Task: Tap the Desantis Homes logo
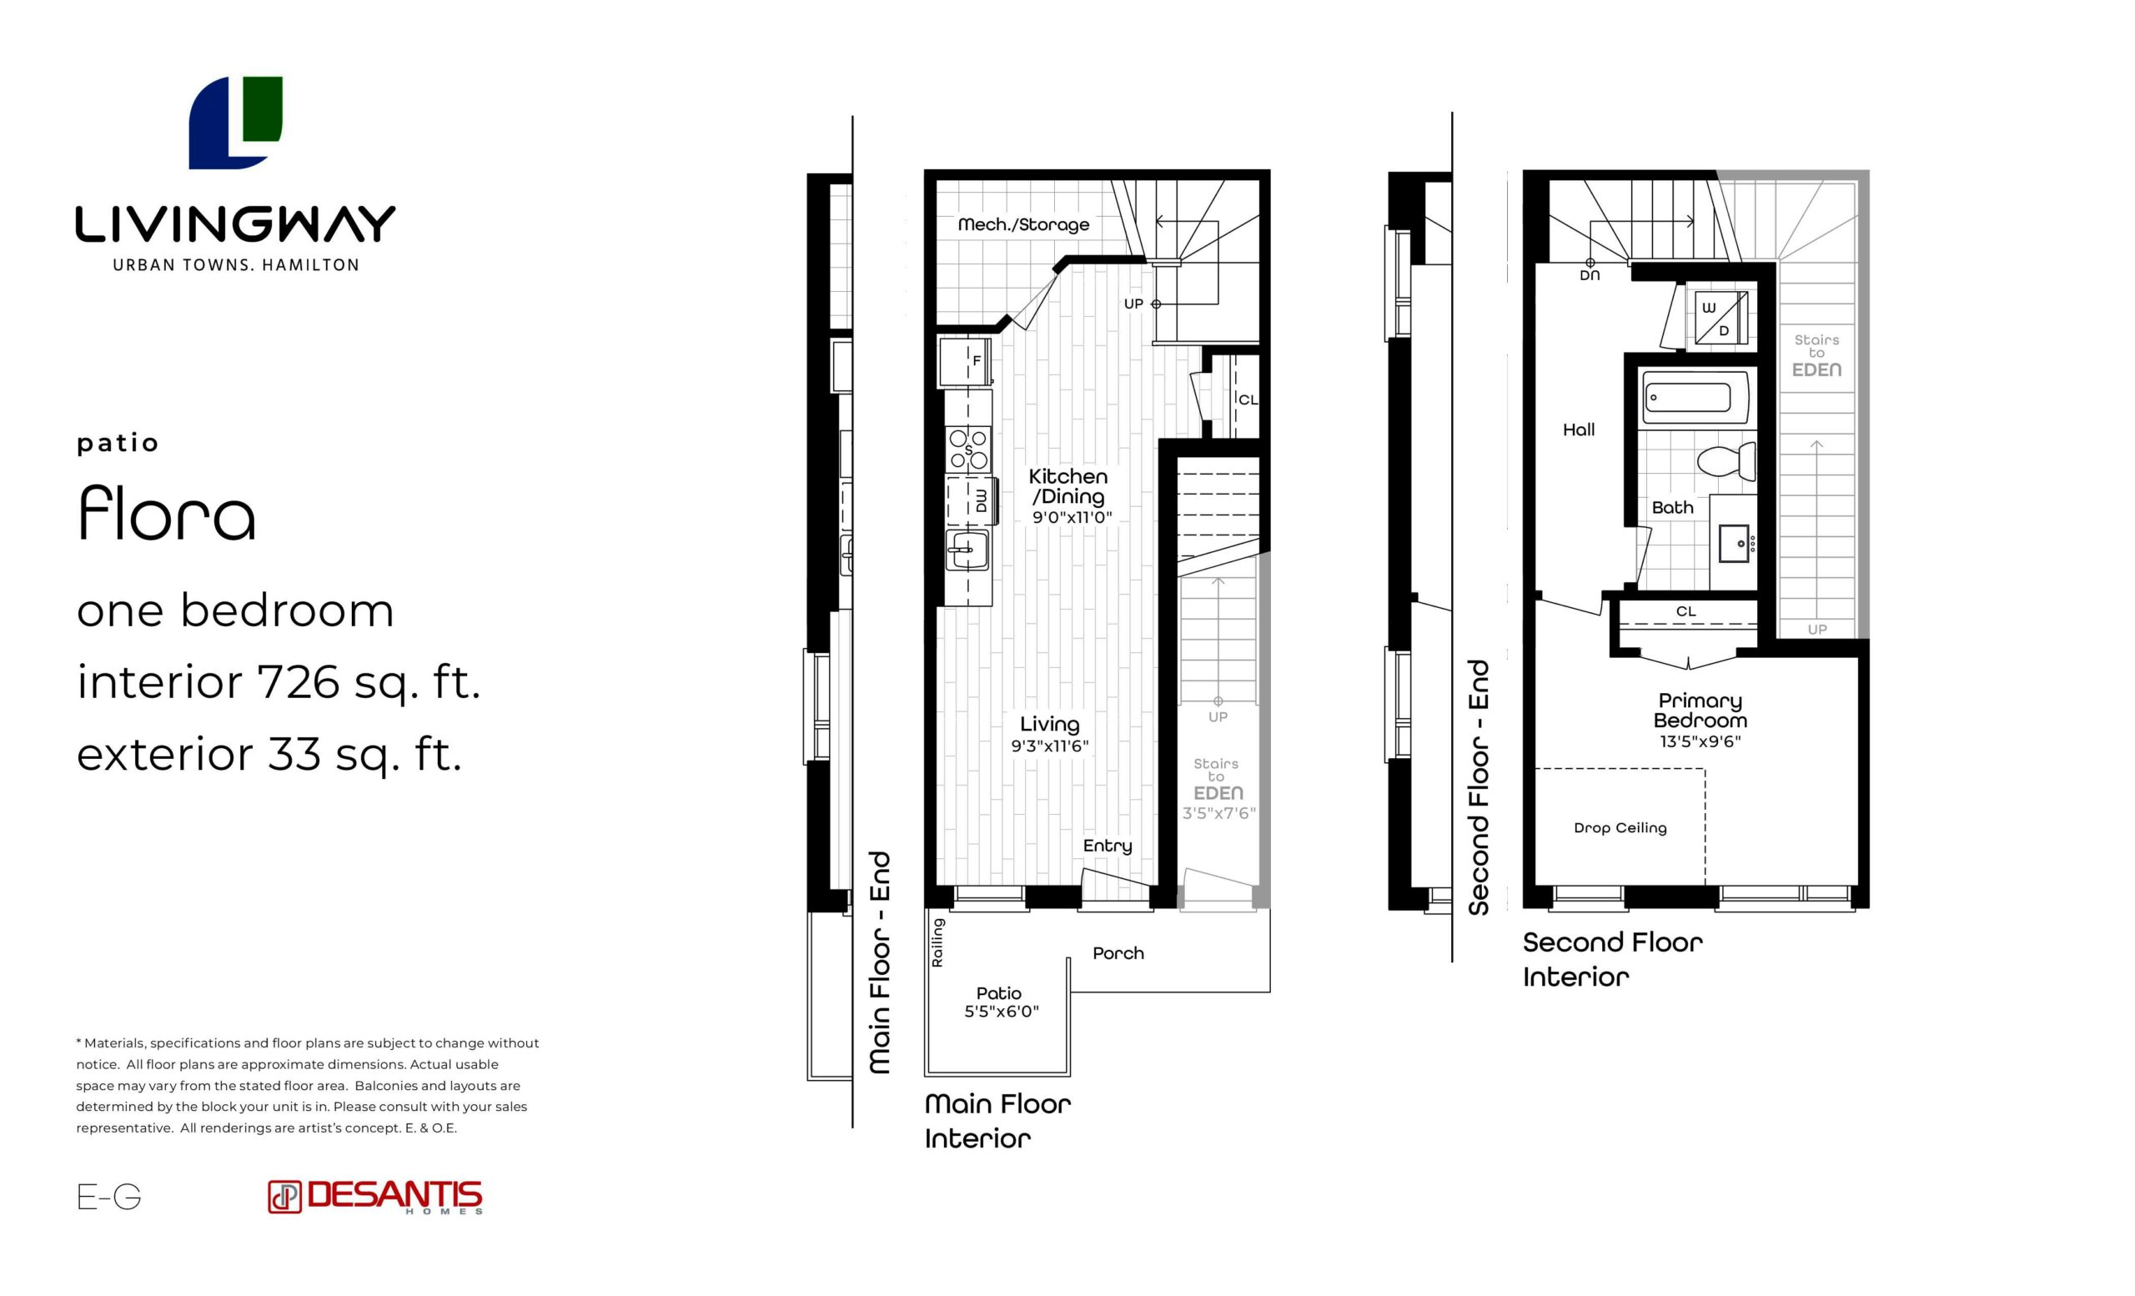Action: [x=375, y=1197]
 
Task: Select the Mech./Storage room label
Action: [x=1023, y=224]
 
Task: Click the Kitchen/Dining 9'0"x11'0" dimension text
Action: [x=1072, y=517]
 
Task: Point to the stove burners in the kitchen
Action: [x=968, y=450]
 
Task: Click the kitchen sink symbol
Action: [x=967, y=550]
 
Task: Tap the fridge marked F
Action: [x=964, y=361]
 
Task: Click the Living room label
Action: [x=1049, y=724]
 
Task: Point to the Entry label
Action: [x=1108, y=846]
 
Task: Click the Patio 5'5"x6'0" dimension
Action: [x=1002, y=1011]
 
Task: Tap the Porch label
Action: [x=1118, y=953]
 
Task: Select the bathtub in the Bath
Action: [x=1695, y=398]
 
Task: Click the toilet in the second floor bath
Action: [x=1726, y=461]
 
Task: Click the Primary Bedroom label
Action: [x=1700, y=711]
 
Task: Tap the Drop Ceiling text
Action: [x=1620, y=827]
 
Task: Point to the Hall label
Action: [x=1579, y=429]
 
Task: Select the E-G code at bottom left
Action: [x=109, y=1197]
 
